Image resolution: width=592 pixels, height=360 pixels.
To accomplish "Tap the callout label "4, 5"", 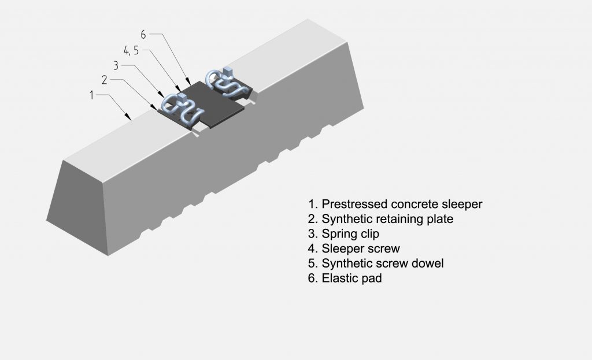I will pyautogui.click(x=128, y=50).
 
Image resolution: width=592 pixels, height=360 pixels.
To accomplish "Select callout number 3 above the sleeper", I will pyautogui.click(x=116, y=65).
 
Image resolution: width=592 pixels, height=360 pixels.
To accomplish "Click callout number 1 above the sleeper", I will pyautogui.click(x=92, y=95).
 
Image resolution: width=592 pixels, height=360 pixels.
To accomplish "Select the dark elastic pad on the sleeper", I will pyautogui.click(x=217, y=104).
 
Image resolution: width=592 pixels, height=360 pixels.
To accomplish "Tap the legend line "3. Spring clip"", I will pyautogui.click(x=342, y=234).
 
